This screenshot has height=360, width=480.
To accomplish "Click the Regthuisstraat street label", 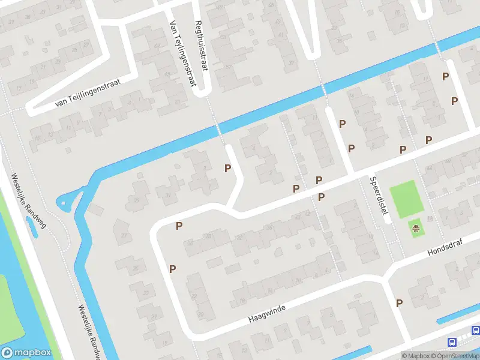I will tap(201, 46).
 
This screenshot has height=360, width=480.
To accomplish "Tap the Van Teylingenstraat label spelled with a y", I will tap(184, 53).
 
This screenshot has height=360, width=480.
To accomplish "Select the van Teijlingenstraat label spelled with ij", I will tap(88, 93).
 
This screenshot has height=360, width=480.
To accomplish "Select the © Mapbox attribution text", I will tap(416, 356).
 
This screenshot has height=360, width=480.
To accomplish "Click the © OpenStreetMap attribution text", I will tap(457, 356).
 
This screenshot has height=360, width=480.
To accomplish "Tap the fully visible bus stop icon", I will tap(452, 342).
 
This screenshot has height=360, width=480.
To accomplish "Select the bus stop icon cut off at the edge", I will tap(476, 330).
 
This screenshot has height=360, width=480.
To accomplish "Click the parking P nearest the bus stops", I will tap(399, 303).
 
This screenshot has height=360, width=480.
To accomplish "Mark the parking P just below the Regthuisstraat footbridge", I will tap(227, 169).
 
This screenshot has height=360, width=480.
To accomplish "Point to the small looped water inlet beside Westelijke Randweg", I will tap(67, 200).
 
